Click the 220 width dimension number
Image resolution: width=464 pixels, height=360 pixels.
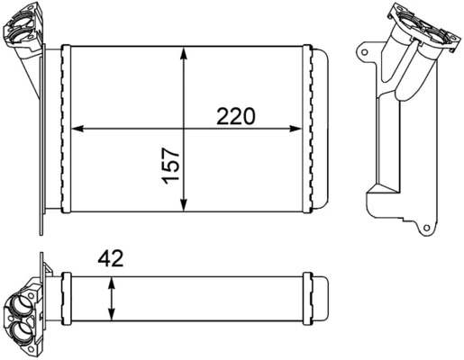(236, 116)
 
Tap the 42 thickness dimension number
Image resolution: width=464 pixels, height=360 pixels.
(111, 260)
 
